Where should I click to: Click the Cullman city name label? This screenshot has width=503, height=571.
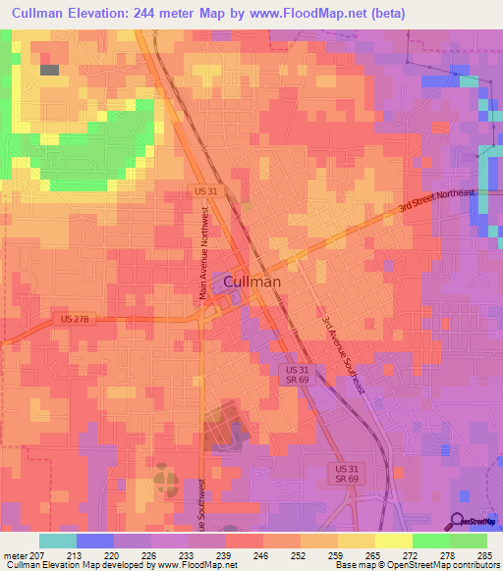[x=252, y=281]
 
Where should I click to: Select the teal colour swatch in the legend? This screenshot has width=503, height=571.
[x=58, y=541]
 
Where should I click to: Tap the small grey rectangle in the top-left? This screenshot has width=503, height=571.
[x=49, y=70]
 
